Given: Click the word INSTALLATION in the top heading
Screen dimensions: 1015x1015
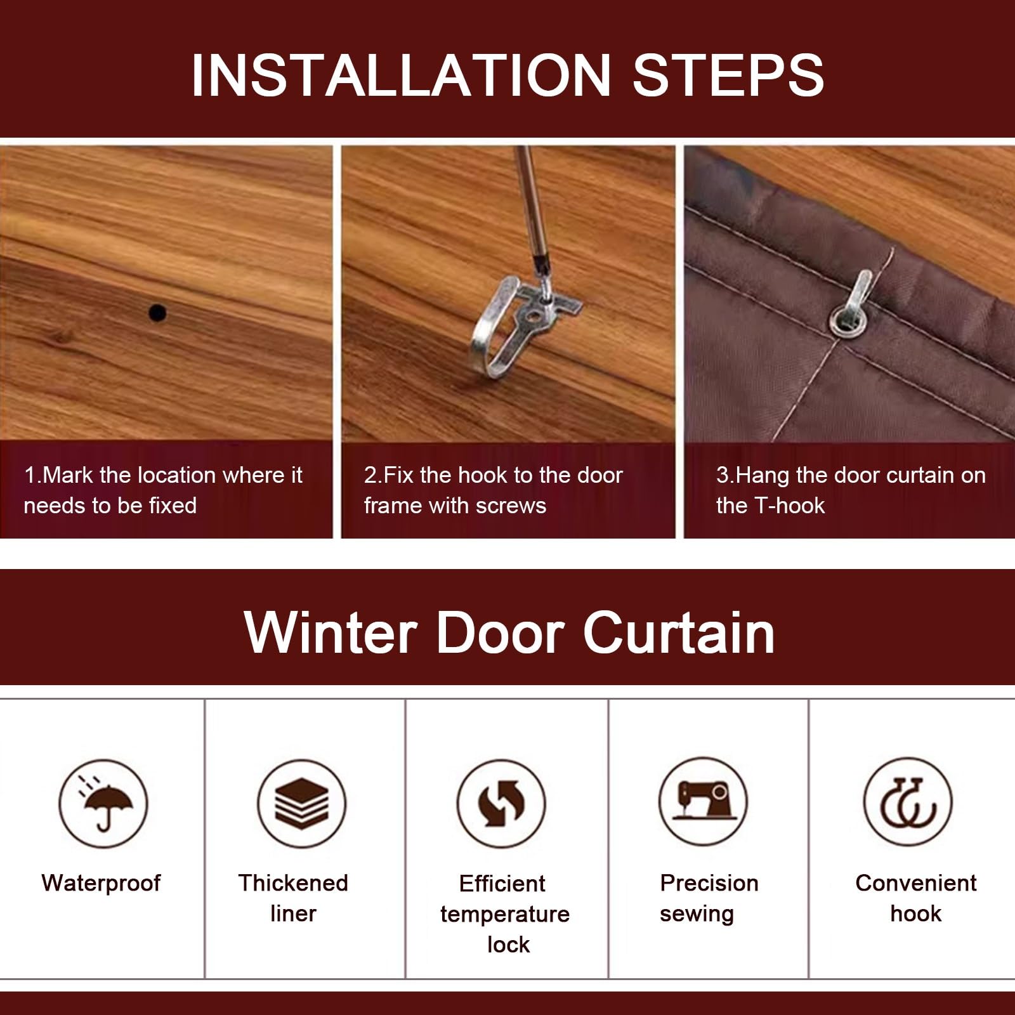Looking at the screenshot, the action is tap(401, 75).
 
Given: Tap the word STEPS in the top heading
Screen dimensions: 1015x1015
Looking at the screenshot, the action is tap(728, 75).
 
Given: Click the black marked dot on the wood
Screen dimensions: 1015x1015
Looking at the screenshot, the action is tap(157, 313).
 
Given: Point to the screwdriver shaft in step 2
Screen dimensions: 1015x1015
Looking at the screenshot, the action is tap(530, 209).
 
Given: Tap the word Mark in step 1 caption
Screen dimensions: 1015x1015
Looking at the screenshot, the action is tap(67, 475).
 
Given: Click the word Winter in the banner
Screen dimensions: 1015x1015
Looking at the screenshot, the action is tap(331, 632).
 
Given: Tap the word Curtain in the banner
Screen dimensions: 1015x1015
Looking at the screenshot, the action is tap(679, 632).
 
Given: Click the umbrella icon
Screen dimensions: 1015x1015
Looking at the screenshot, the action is tap(103, 804).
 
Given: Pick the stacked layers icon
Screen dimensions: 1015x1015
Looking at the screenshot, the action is tap(302, 804).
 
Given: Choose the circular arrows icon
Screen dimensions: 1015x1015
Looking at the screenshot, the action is tap(501, 804).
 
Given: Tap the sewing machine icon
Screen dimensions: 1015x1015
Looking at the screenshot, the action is tap(703, 802).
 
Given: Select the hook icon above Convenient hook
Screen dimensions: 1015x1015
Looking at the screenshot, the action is tap(908, 802).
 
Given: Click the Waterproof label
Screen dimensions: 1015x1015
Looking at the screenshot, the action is tap(101, 884).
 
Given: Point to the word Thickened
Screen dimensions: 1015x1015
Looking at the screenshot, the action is tap(293, 883).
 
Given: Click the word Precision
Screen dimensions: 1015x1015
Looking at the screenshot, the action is tap(709, 883).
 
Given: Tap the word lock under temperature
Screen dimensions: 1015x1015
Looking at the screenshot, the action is tap(508, 945).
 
